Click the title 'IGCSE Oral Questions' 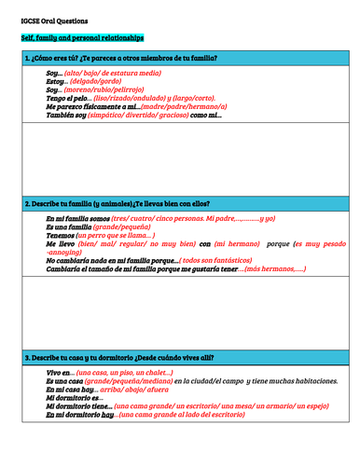(x=56, y=19)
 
